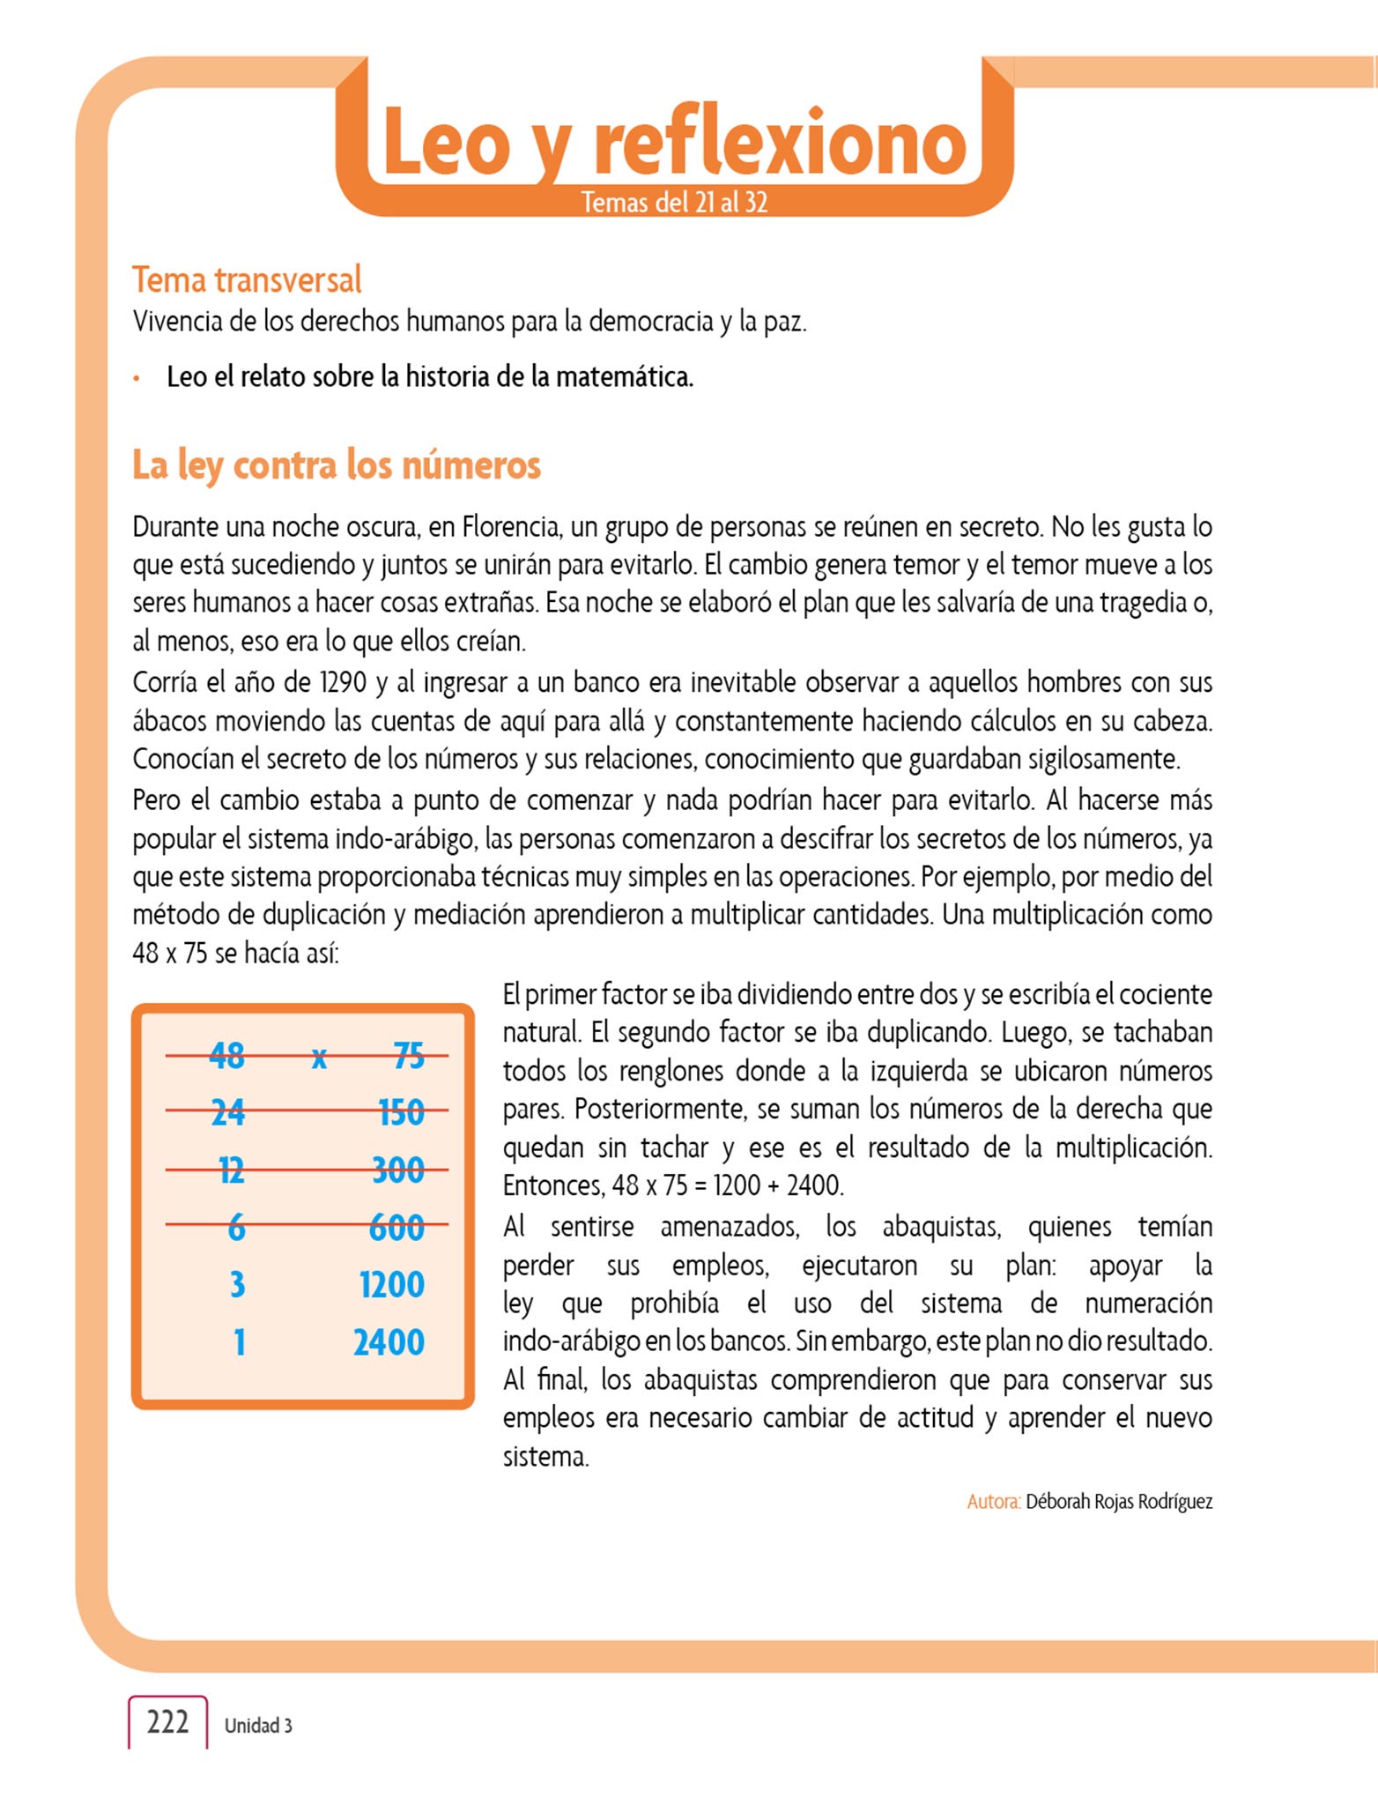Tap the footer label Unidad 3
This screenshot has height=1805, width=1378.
tap(258, 1726)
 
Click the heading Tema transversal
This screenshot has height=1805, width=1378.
tap(247, 280)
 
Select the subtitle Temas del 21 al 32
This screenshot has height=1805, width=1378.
tap(674, 203)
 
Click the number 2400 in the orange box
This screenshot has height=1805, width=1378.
tap(389, 1342)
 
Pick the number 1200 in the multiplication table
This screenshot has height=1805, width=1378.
tap(392, 1285)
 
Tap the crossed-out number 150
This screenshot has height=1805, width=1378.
tap(401, 1113)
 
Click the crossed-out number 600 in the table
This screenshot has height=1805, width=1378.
tap(396, 1227)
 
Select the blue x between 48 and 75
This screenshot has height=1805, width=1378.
tap(320, 1058)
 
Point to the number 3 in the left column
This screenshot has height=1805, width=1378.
tap(237, 1285)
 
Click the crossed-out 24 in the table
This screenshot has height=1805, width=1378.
tap(228, 1113)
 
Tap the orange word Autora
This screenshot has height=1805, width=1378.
tap(993, 1502)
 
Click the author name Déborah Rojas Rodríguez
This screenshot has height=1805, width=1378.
tap(1119, 1502)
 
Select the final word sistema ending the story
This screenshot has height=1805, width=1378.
tap(545, 1456)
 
